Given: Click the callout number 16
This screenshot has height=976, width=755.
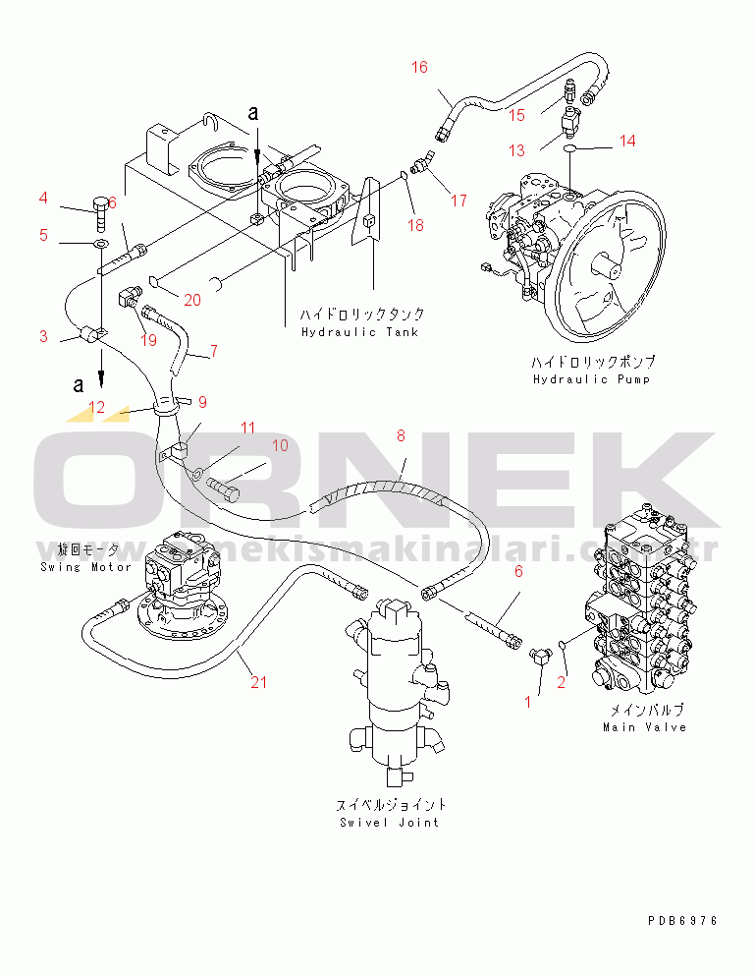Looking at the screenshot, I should click(x=419, y=67).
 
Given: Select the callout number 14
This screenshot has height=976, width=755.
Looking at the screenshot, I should click(x=627, y=141).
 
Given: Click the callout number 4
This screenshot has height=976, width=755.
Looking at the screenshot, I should click(x=43, y=200).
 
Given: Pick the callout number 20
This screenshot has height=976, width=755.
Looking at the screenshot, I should click(x=192, y=301).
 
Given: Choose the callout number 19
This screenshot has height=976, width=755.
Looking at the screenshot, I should click(x=148, y=341).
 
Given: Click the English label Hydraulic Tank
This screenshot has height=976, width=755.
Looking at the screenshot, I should click(x=359, y=332).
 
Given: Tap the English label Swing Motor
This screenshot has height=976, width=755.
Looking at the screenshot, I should click(x=85, y=567).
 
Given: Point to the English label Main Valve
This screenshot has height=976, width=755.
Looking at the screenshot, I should click(x=644, y=727).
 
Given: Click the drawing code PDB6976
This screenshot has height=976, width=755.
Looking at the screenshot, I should click(x=682, y=921).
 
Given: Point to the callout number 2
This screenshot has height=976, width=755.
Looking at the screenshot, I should click(x=563, y=680).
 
